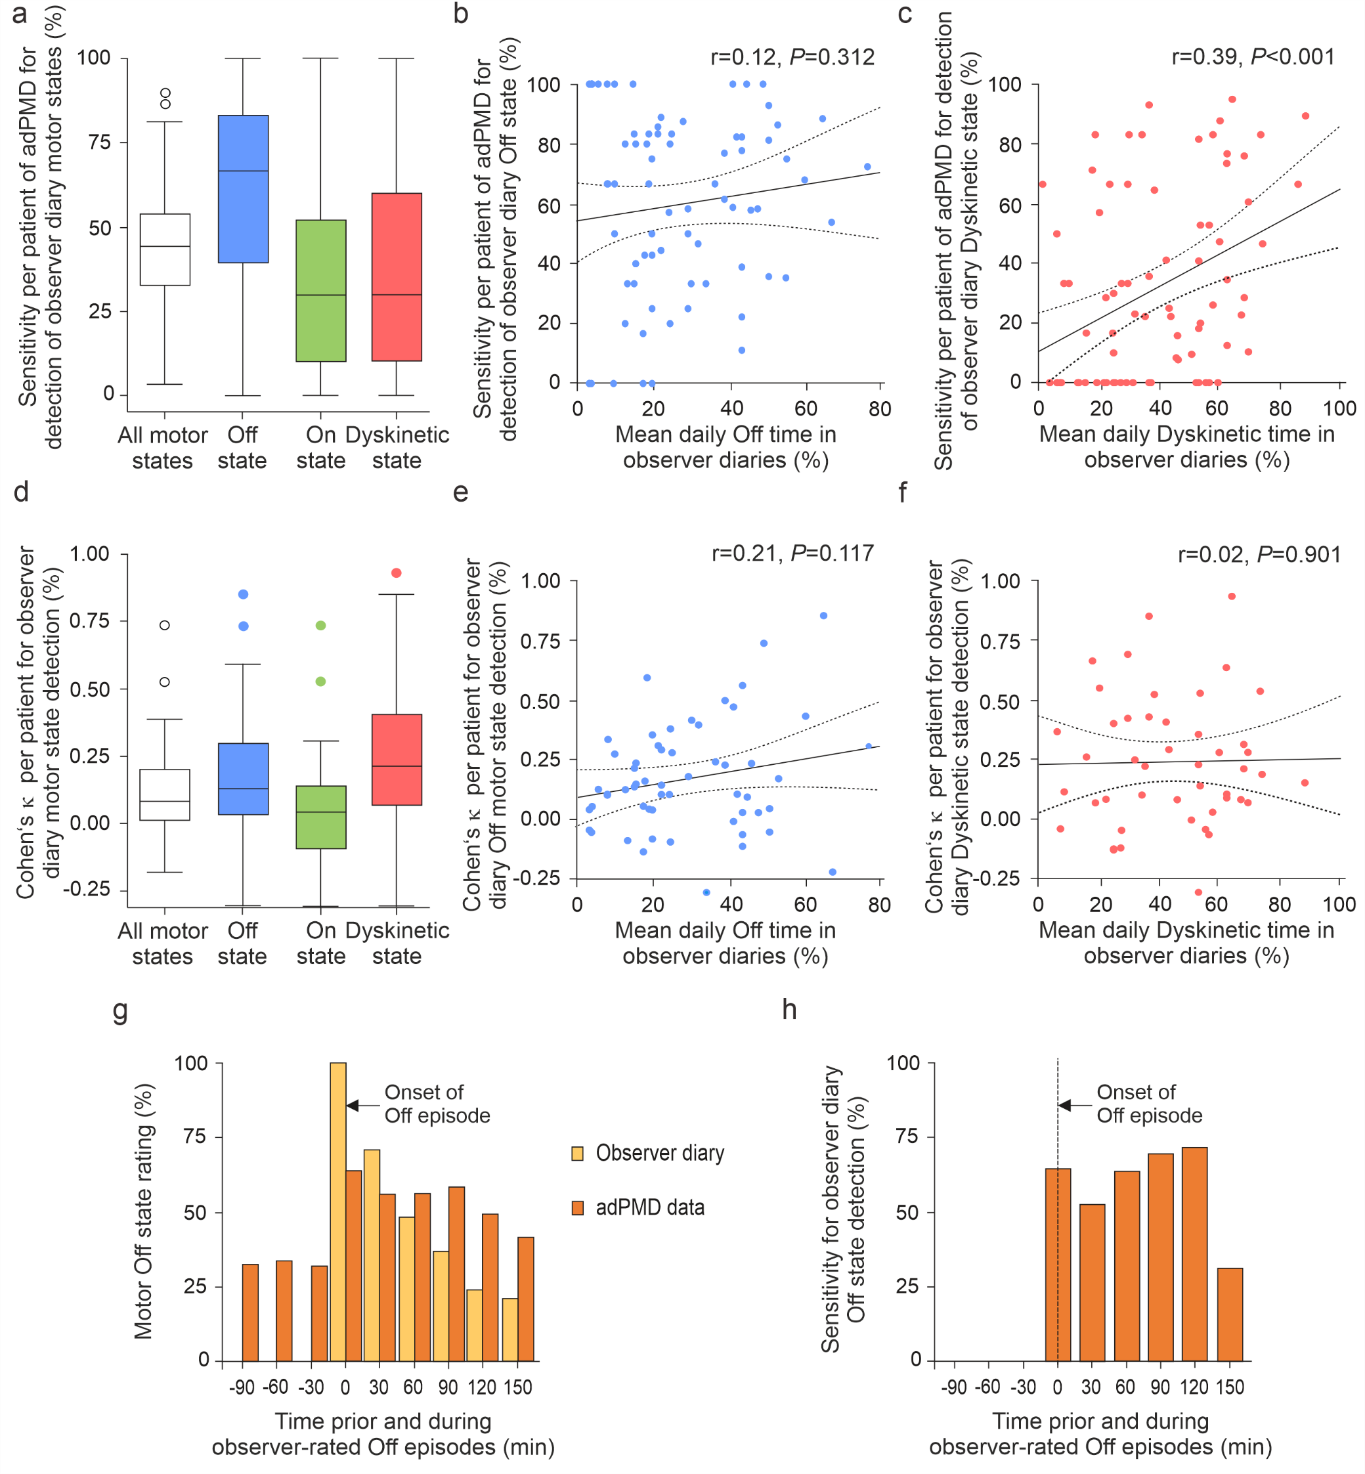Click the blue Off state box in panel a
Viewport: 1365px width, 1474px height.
243,188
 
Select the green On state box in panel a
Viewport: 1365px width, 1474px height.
320,290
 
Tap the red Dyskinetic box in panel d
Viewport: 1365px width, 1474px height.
397,759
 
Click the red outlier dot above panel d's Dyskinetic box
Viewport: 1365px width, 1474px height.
397,573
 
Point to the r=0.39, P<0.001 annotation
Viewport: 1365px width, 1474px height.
1253,57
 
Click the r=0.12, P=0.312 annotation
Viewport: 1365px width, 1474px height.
792,57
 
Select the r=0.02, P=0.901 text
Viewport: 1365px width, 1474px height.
1259,554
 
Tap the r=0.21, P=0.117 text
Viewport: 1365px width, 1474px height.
792,553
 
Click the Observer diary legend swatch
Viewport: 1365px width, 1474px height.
578,1154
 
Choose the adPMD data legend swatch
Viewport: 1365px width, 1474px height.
578,1208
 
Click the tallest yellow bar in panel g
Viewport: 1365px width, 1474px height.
337,1211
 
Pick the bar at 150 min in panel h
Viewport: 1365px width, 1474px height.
1230,1314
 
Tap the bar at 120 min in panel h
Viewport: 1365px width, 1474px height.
1194,1254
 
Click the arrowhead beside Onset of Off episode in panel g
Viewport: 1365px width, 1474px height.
353,1106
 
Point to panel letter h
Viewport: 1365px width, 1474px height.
790,1010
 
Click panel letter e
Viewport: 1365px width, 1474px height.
460,492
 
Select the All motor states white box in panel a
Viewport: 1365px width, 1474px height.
165,249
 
